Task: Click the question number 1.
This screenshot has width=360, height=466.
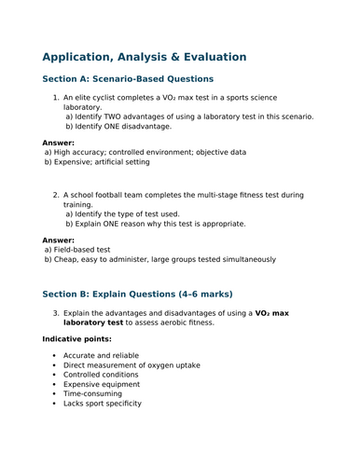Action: [56, 97]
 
